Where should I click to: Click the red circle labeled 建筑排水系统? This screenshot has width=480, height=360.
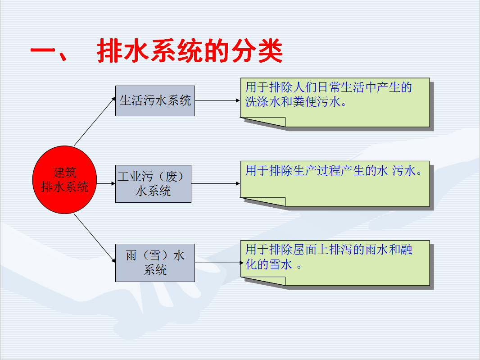pyautogui.click(x=64, y=180)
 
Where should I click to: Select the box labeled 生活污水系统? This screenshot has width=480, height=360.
pyautogui.click(x=155, y=101)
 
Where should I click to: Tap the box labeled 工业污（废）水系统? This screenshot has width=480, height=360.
pyautogui.click(x=153, y=184)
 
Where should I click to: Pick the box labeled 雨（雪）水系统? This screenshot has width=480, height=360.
pyautogui.click(x=155, y=263)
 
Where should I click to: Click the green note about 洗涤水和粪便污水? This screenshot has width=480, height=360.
pyautogui.click(x=335, y=102)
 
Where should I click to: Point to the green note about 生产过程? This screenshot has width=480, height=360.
pyautogui.click(x=335, y=183)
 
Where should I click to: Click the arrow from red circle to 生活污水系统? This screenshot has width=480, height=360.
pyautogui.click(x=95, y=121)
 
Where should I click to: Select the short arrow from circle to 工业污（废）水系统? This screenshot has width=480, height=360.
pyautogui.click(x=106, y=183)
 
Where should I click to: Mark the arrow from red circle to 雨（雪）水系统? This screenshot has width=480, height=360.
pyautogui.click(x=95, y=238)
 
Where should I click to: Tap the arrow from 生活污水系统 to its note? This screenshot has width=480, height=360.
pyautogui.click(x=217, y=100)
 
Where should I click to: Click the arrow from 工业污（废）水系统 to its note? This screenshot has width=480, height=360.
pyautogui.click(x=216, y=183)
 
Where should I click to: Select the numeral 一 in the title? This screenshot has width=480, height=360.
pyautogui.click(x=42, y=51)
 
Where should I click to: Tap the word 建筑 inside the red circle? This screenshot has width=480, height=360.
pyautogui.click(x=64, y=173)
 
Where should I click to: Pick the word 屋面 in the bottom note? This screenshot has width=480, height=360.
pyautogui.click(x=304, y=250)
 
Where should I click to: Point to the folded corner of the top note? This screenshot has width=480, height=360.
pyautogui.click(x=263, y=122)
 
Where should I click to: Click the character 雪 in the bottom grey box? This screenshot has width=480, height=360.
pyautogui.click(x=155, y=255)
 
